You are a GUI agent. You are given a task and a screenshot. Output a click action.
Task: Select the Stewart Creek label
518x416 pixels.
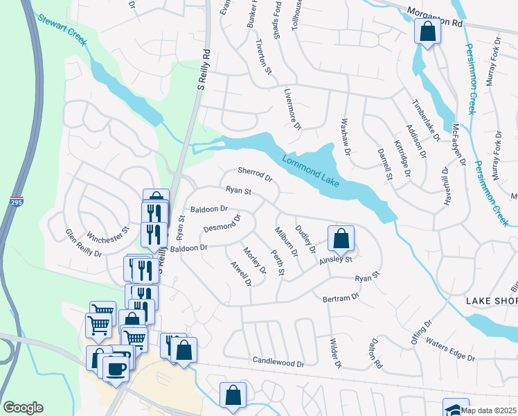click(62, 31)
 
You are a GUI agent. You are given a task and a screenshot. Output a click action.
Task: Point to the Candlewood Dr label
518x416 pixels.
click(278, 363)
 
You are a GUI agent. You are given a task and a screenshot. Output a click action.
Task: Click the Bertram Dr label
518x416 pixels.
click(341, 297)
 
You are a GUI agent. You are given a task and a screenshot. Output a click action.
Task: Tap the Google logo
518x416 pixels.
click(23, 408)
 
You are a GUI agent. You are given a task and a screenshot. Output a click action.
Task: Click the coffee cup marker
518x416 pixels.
click(116, 367)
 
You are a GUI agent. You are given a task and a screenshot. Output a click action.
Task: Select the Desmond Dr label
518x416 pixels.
click(222, 223)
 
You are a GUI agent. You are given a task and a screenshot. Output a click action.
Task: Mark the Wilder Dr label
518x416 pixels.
click(336, 354)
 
